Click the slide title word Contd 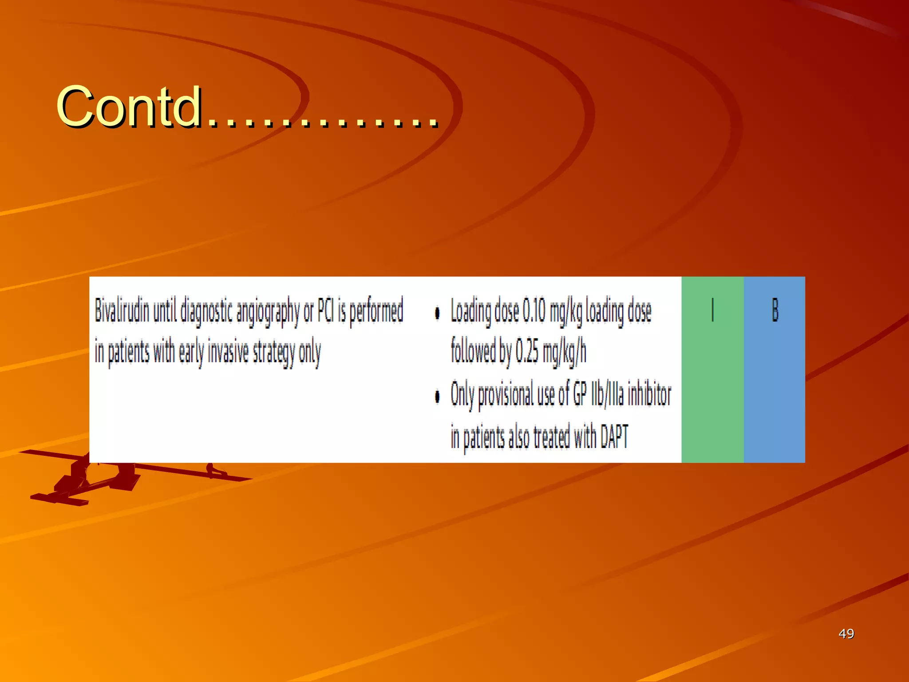point(129,107)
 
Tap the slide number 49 point(846,634)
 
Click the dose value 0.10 point(534,311)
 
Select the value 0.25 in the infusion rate point(527,352)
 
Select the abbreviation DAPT point(614,436)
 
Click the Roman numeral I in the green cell point(712,309)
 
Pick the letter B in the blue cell point(775,309)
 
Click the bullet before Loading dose point(437,313)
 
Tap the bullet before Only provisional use point(437,396)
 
